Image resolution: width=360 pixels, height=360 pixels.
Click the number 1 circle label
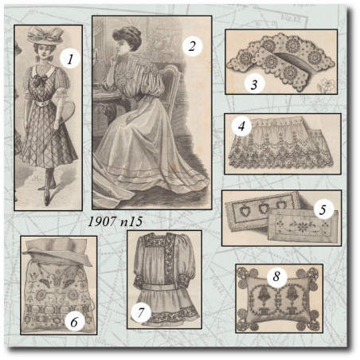tap(70, 59)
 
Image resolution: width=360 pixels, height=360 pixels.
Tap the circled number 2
tap(192, 47)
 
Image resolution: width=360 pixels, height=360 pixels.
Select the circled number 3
tap(254, 84)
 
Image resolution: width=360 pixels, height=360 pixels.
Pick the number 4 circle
tap(241, 127)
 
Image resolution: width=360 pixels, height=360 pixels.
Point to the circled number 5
tap(323, 209)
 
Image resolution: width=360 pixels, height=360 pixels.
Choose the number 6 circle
tap(75, 322)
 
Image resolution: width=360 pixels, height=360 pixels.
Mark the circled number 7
tap(141, 312)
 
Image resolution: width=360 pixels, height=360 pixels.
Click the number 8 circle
tap(276, 276)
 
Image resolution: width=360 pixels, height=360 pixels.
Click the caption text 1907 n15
tap(115, 221)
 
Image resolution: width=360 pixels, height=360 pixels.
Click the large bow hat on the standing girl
tap(45, 34)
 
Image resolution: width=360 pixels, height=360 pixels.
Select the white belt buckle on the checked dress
tap(41, 104)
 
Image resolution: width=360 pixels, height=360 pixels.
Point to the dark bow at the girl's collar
tap(41, 80)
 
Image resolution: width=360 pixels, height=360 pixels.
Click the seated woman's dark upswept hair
tap(127, 37)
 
